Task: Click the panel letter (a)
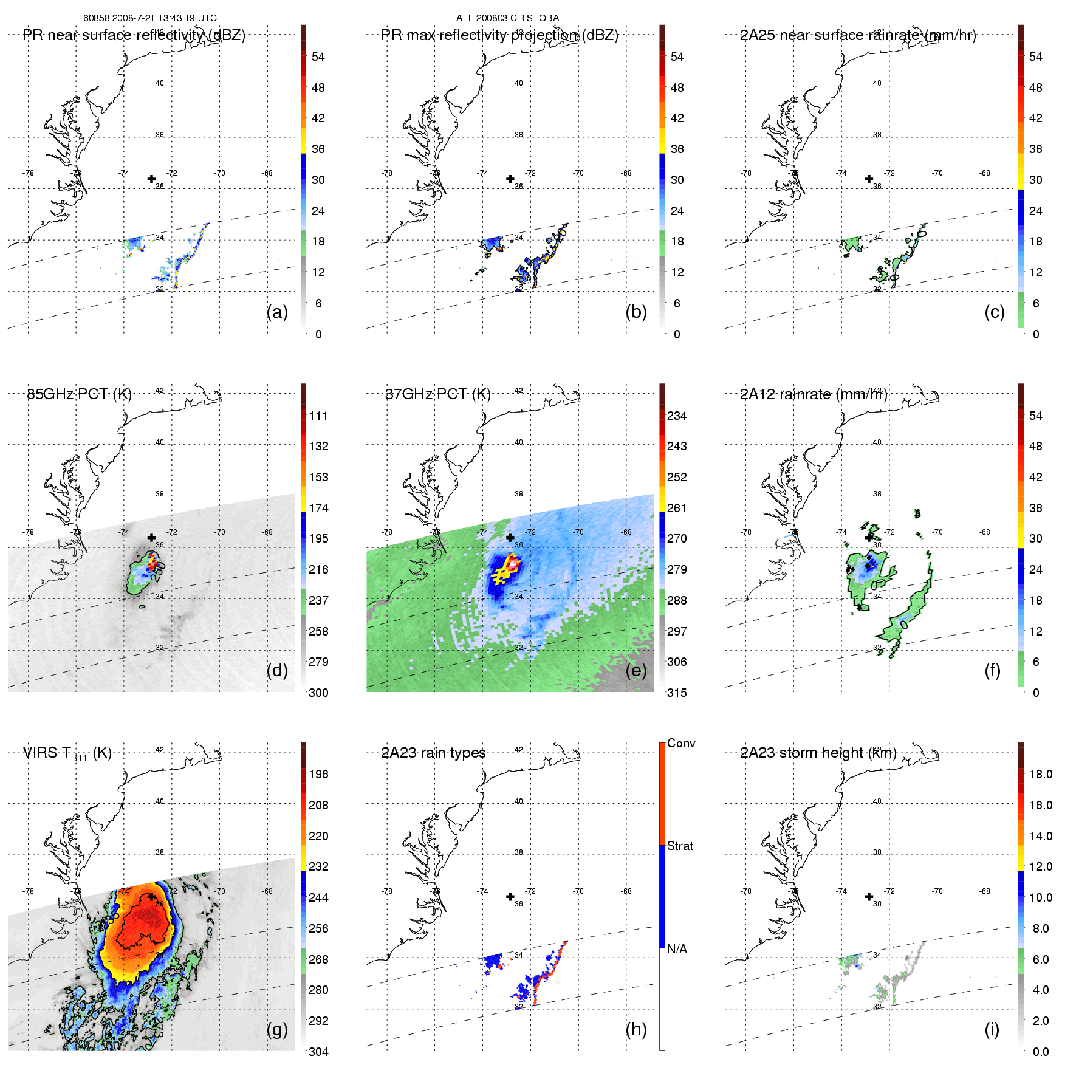tap(277, 312)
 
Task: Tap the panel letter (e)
tap(636, 671)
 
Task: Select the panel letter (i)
tap(992, 1029)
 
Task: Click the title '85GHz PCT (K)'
tap(79, 394)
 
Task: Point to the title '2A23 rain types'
tap(433, 753)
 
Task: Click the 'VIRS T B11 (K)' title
tap(67, 753)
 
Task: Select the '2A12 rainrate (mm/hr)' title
tap(814, 394)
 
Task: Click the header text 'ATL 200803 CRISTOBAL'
tap(510, 18)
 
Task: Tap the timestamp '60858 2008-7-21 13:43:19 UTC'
tap(150, 18)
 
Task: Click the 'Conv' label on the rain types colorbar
tap(681, 743)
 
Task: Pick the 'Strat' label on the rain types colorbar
tap(680, 846)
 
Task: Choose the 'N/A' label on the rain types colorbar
tap(677, 949)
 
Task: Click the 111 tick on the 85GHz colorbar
tap(318, 416)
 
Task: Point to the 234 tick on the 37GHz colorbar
tap(677, 416)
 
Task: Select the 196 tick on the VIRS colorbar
tap(318, 774)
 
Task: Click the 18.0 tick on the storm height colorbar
tap(1041, 774)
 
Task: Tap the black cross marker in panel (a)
tap(151, 179)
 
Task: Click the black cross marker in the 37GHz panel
tap(510, 538)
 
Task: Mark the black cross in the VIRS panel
tap(151, 896)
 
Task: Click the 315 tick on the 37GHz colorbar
tap(677, 693)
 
